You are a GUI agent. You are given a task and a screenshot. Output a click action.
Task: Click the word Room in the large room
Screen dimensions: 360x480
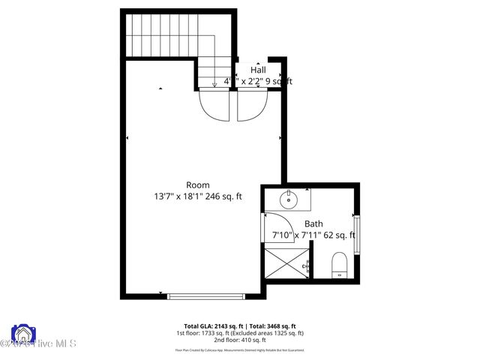(x=198, y=184)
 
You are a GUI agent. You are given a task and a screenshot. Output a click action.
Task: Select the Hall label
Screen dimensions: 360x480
(x=258, y=70)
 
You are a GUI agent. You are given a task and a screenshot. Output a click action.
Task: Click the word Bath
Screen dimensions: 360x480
(x=313, y=223)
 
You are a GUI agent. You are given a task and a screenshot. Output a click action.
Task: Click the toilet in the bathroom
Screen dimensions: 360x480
(x=339, y=265)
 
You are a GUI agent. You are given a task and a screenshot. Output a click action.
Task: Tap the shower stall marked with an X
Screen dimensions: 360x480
(x=285, y=265)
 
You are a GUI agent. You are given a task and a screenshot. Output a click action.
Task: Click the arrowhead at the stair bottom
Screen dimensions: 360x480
(x=214, y=85)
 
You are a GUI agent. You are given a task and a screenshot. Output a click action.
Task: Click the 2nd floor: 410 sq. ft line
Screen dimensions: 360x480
(x=239, y=340)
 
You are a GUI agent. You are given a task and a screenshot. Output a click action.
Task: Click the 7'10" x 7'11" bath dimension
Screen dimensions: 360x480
(x=296, y=235)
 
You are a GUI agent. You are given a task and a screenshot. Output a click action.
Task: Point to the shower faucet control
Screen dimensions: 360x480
(x=307, y=265)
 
